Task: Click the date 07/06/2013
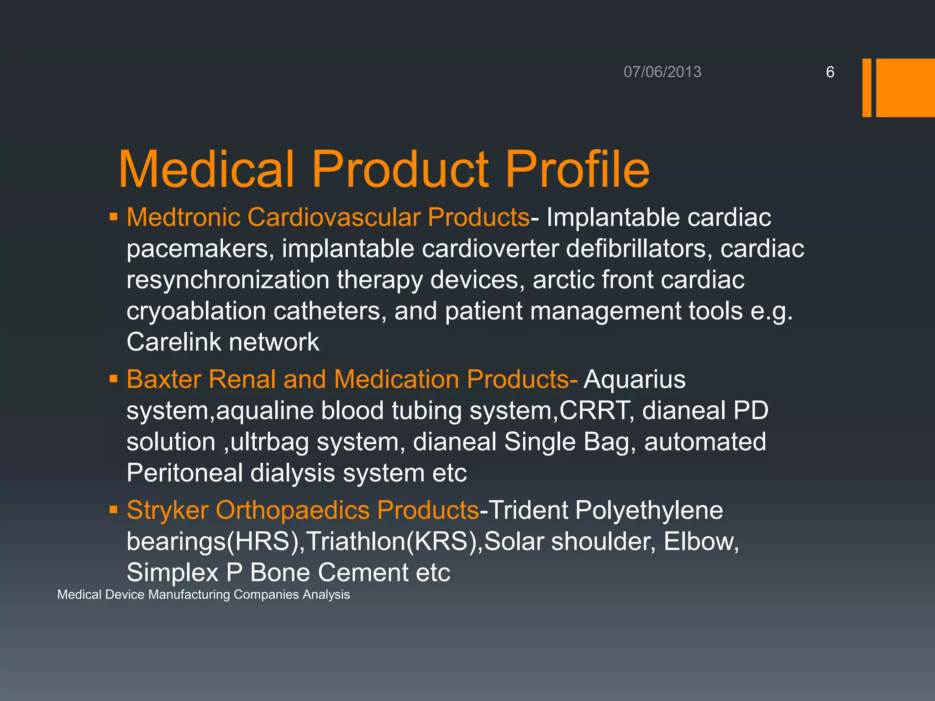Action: [x=662, y=72]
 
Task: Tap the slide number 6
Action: [x=830, y=72]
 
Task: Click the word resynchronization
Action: [x=228, y=280]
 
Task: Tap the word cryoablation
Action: [x=196, y=311]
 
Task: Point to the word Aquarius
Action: [x=635, y=379]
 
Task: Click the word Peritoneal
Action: [x=184, y=473]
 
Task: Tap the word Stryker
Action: [x=167, y=510]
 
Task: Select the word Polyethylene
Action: [x=649, y=510]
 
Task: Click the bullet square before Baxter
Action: [x=114, y=379]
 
